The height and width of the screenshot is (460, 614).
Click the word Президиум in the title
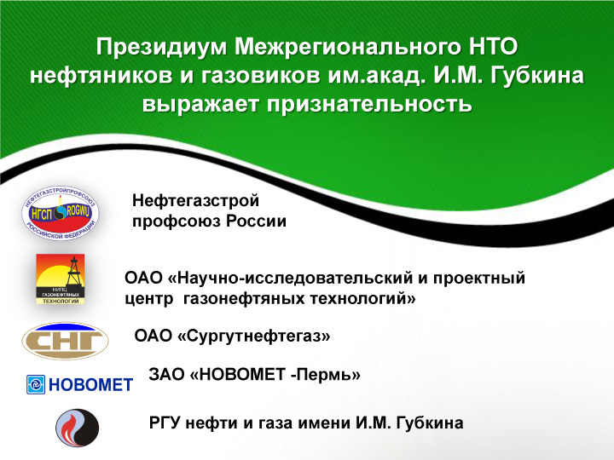click(x=162, y=47)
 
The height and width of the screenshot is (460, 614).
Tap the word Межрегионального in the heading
click(x=348, y=47)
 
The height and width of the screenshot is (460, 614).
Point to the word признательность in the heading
click(x=369, y=105)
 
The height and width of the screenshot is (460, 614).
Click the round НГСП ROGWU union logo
click(x=61, y=213)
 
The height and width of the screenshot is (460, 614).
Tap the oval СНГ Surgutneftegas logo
click(x=65, y=341)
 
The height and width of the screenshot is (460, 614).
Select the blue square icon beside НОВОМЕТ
click(x=36, y=384)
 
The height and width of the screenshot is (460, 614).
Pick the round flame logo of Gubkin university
click(x=77, y=428)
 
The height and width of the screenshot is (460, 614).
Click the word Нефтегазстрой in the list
click(x=196, y=201)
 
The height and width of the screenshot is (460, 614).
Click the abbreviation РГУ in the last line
click(x=165, y=423)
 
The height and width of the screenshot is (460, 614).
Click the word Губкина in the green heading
click(x=537, y=76)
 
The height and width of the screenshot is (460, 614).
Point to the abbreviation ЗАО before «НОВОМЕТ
click(x=166, y=375)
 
